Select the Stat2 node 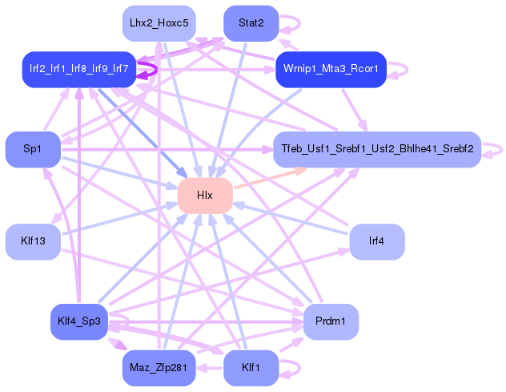tap(251, 22)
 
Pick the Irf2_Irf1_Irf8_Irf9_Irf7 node tap(78, 69)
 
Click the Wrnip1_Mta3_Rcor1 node tap(330, 70)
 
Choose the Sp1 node tap(33, 149)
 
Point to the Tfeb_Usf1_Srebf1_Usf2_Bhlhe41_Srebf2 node tap(376, 149)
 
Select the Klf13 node tap(33, 241)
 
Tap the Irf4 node tap(376, 241)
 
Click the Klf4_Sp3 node tap(78, 321)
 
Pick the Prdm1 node tap(330, 321)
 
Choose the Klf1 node tap(251, 368)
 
